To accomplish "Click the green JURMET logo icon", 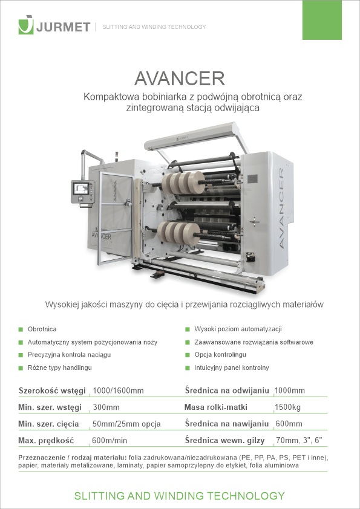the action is point(26,25).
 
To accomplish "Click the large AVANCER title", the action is point(180,78).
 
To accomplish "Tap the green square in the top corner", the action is point(322,20).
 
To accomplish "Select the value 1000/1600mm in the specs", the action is point(118,391).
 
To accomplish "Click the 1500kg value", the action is point(287,407).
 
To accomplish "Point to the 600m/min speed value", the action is point(110,441).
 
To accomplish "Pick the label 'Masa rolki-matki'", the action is point(216,407).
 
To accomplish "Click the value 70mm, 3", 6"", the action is point(299,440).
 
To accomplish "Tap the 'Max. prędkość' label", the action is point(46,441).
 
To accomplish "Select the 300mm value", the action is point(106,407).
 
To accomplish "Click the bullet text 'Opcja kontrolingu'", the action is point(220,354).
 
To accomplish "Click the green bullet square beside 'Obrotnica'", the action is point(21,329).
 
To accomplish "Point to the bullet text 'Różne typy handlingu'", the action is point(60,368).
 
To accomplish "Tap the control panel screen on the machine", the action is point(81,188).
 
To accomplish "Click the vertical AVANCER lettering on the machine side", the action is point(282,209).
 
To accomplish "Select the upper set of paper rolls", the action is point(183,183).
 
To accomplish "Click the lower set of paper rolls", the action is point(178,232).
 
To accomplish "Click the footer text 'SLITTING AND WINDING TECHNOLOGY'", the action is point(179,496).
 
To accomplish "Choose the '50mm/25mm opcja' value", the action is point(126,424).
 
